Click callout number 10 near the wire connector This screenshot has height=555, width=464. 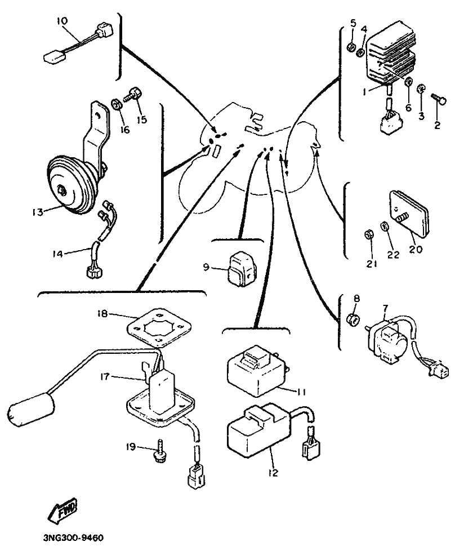click(61, 21)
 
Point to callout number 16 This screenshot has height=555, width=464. click(124, 130)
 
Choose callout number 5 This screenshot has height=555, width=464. click(353, 23)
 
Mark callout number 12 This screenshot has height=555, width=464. click(273, 474)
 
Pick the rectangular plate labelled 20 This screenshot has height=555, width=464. click(408, 215)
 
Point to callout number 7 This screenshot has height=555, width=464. click(386, 308)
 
